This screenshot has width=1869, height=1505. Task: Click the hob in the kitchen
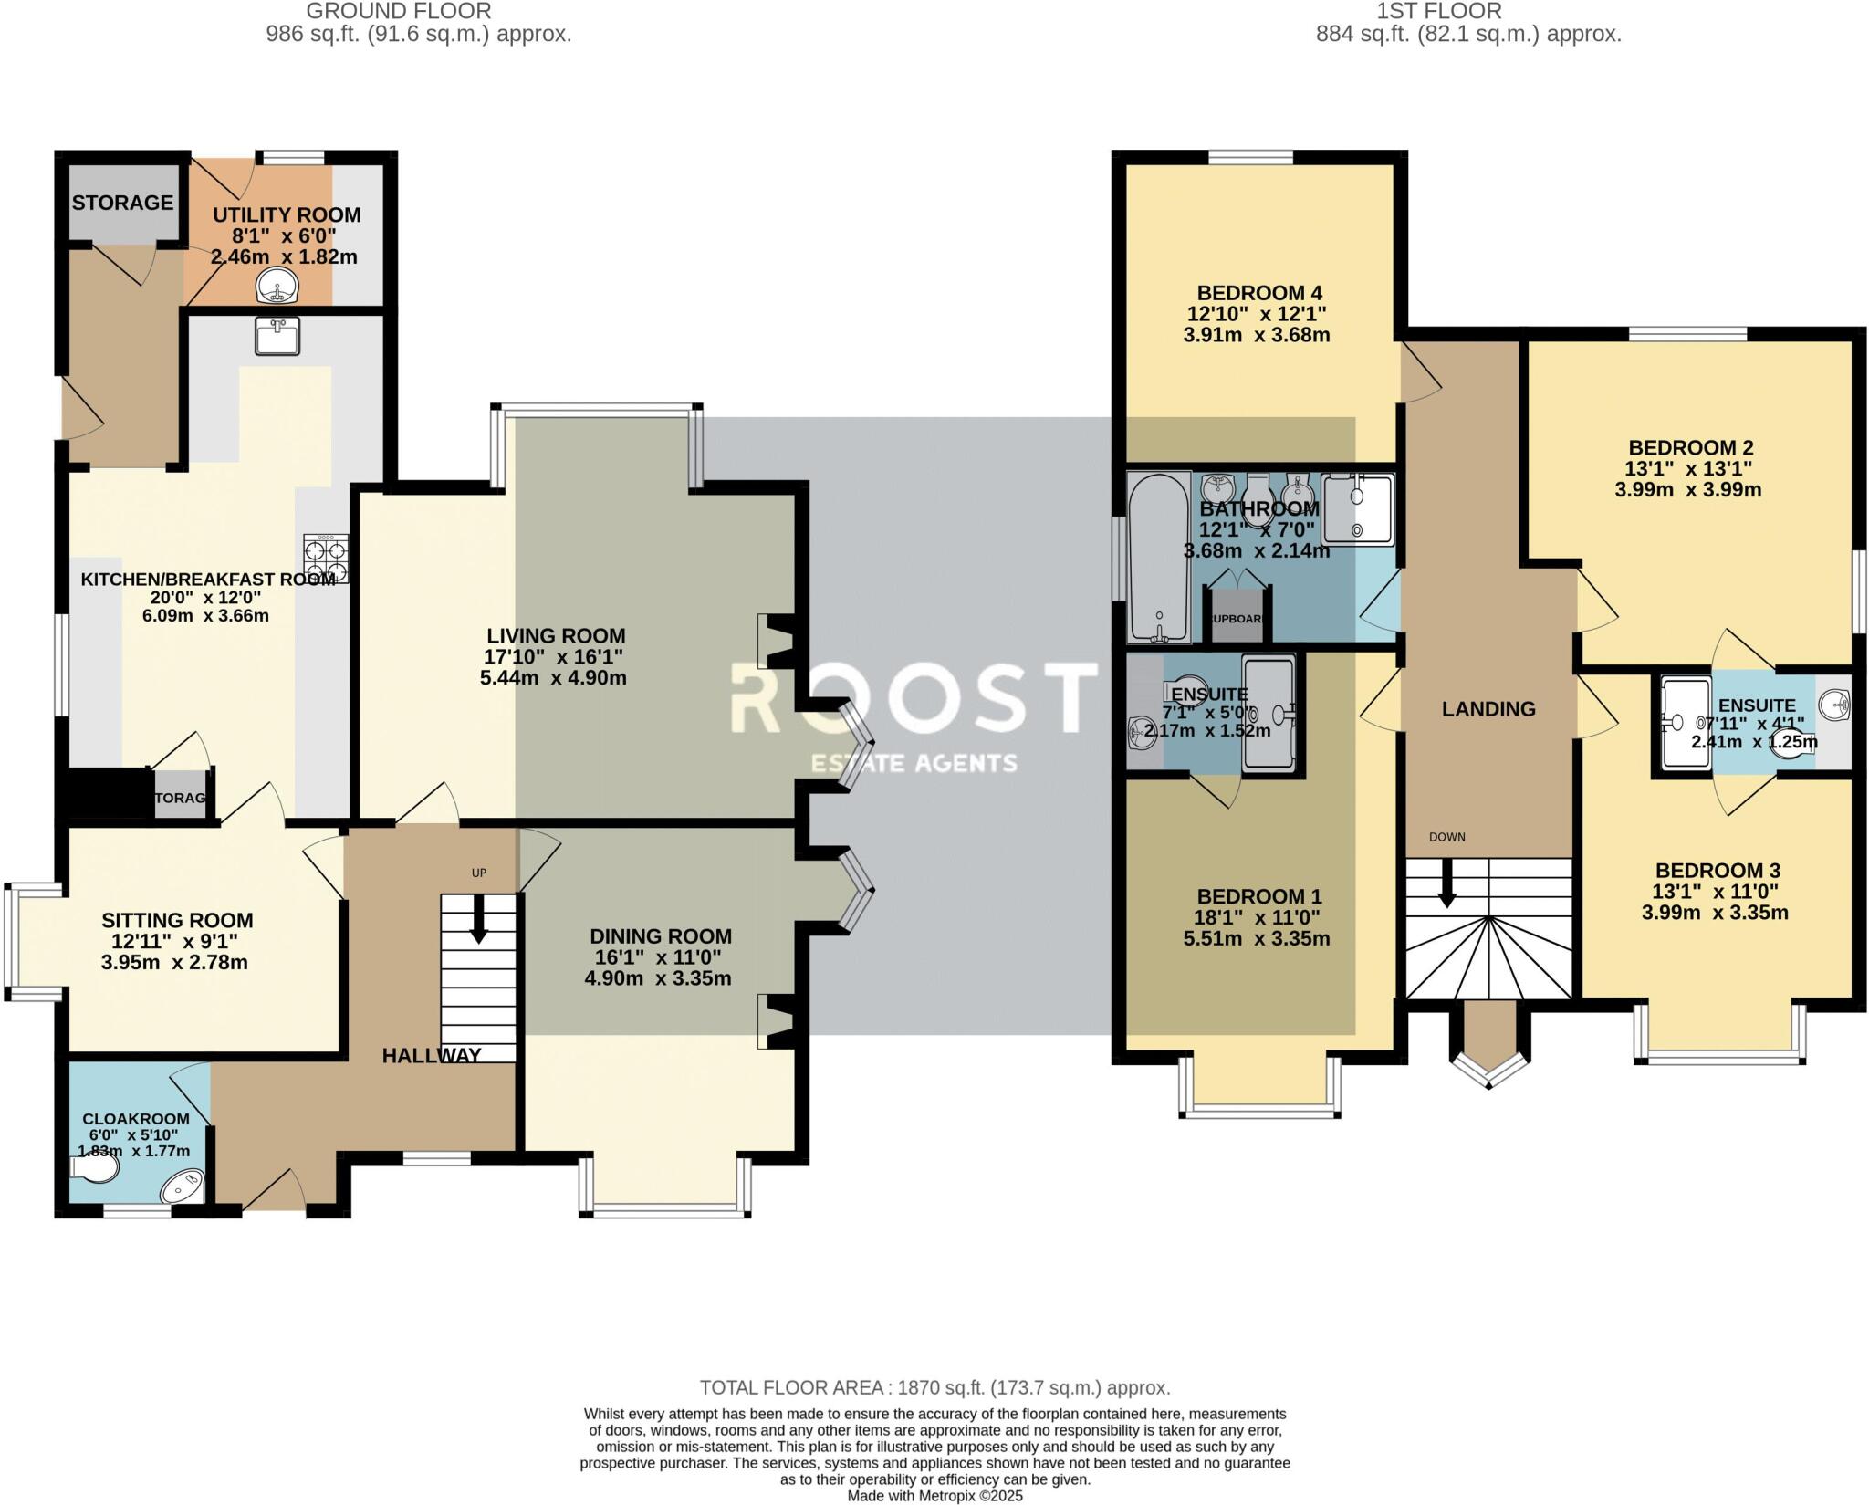coord(326,558)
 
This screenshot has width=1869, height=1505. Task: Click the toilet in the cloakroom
coord(95,1169)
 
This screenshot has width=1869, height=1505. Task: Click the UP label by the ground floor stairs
coord(479,873)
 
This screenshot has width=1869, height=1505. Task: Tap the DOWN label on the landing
coord(1447,837)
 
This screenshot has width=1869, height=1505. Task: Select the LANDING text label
coord(1488,708)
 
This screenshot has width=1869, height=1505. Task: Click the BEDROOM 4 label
coord(1259,293)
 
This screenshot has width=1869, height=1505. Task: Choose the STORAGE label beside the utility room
coord(122,203)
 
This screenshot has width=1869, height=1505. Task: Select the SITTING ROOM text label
coord(177,921)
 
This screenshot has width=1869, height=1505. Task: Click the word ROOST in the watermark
coord(913,698)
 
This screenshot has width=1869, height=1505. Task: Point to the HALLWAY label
coord(431,1056)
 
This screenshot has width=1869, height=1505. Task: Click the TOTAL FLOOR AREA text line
coord(934,1388)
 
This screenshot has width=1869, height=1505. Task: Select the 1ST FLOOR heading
coord(1468,11)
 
